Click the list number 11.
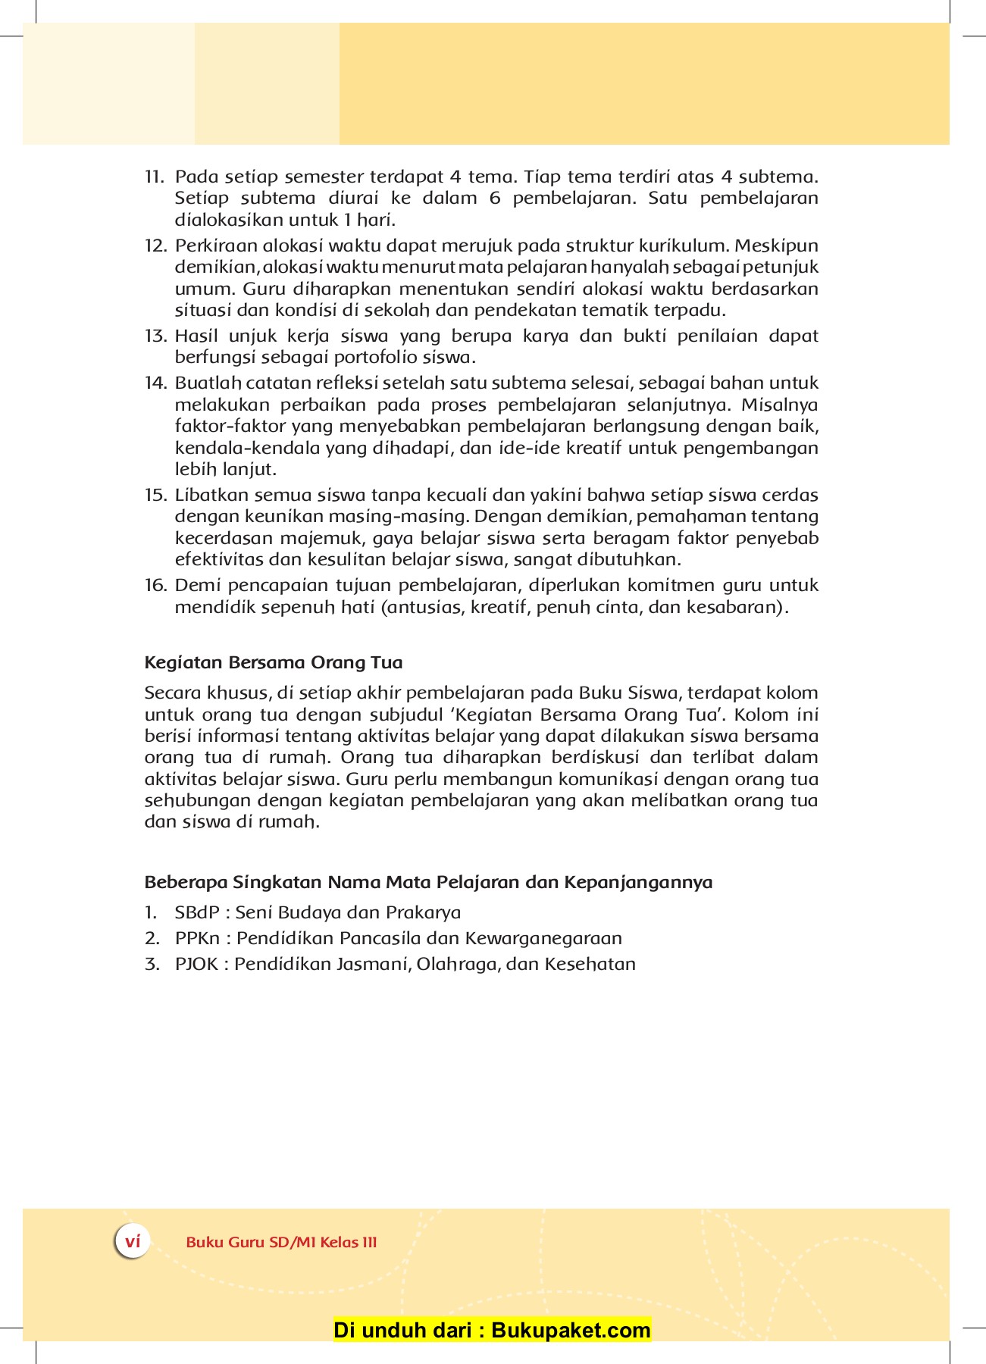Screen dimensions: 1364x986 (x=154, y=177)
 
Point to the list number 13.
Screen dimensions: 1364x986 (x=155, y=336)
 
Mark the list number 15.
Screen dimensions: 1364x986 (x=155, y=496)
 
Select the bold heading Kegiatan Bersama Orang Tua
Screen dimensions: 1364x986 (x=273, y=663)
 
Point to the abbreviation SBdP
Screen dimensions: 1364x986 (x=196, y=913)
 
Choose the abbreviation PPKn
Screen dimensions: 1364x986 (x=198, y=939)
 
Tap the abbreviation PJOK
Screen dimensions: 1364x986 (x=196, y=965)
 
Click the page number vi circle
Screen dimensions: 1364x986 (x=133, y=1242)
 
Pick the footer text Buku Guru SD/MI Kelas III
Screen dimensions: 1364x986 (x=281, y=1243)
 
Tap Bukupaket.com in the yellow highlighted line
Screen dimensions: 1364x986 (x=571, y=1330)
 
